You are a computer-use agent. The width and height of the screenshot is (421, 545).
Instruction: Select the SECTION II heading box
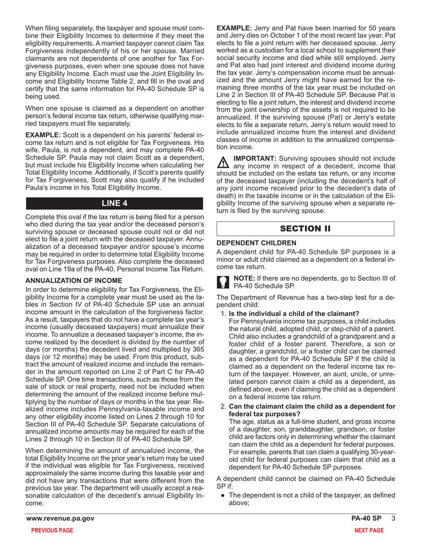coord(305,229)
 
